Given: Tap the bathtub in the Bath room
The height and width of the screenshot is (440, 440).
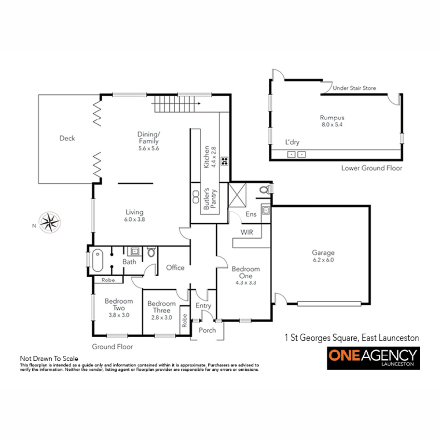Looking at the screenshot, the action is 98,260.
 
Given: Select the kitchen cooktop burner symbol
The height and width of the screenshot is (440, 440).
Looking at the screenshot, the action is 224,161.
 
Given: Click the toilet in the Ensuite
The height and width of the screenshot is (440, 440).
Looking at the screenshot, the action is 265,190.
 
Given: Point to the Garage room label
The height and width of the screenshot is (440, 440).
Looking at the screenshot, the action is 323,253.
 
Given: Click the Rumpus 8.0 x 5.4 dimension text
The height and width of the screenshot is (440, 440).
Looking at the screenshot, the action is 332,125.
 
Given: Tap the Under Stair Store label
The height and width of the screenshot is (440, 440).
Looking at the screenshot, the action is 354,88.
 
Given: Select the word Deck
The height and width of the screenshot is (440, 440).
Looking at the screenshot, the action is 67,138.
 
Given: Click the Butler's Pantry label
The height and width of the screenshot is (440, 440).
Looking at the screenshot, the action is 210,198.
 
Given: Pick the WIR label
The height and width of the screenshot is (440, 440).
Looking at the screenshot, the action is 247,232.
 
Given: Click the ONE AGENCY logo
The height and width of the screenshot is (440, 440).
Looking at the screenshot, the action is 373,358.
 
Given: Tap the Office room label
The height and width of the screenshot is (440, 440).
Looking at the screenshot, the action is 175,268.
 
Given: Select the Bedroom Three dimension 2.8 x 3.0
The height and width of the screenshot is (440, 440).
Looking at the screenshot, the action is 161,318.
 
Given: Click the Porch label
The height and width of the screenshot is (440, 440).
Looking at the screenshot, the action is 207,330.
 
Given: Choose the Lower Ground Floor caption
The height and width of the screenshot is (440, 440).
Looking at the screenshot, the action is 371,168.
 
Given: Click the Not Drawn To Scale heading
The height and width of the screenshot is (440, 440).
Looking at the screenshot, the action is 49,359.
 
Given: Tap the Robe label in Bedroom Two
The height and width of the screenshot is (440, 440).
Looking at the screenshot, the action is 108,280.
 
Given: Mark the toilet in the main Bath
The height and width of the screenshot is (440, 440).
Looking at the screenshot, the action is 151,252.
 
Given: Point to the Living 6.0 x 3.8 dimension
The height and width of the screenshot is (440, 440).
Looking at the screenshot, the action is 135,219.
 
